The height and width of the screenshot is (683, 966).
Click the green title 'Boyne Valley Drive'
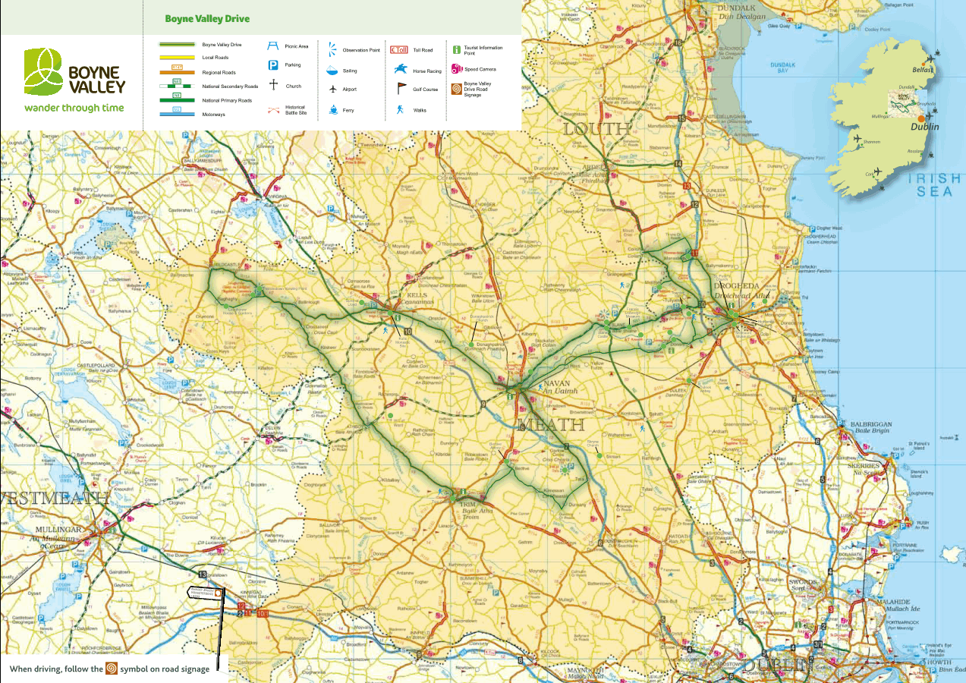coord(207,19)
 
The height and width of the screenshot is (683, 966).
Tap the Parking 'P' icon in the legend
coord(272,65)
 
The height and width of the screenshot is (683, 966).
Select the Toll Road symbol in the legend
coord(398,50)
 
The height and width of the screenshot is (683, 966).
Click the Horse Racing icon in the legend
coord(399,71)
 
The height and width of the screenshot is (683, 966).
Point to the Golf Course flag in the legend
coord(401,89)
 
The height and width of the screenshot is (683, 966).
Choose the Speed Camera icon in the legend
coord(457,69)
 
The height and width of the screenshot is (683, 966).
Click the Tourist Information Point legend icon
coord(456,49)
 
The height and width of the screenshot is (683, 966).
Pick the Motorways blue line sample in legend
coord(176,114)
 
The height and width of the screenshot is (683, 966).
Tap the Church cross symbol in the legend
coord(272,85)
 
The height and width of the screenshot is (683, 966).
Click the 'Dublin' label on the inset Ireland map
coord(925,127)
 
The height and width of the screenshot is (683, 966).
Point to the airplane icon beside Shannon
coord(857,139)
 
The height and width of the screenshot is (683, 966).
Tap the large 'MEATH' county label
coord(552,424)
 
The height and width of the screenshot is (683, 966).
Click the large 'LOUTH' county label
coord(596,129)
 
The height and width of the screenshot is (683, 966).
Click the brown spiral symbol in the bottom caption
coord(112,669)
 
